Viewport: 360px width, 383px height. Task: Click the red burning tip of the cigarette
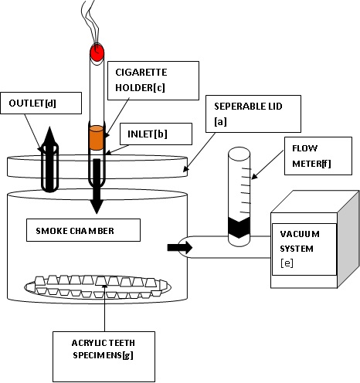[97, 53]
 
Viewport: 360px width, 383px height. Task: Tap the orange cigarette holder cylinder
[97, 137]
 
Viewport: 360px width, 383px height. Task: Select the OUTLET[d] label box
[41, 103]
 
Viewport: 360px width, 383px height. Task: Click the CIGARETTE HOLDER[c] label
[153, 80]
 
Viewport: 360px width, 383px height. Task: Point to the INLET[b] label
[156, 134]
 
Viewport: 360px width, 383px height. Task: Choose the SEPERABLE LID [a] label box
[253, 114]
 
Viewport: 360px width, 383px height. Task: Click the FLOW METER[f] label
[318, 156]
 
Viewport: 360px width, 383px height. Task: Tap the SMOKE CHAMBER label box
[83, 230]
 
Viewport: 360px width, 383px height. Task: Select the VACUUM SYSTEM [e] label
[304, 249]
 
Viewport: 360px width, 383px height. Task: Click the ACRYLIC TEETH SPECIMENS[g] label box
[104, 357]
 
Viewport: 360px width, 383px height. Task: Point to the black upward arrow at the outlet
[49, 159]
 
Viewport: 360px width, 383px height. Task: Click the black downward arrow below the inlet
[97, 186]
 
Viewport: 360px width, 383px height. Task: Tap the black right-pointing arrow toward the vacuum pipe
[180, 248]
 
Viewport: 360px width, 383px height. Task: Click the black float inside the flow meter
[239, 228]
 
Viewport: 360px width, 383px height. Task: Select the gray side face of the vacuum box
[348, 239]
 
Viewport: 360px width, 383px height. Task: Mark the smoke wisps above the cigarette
[90, 23]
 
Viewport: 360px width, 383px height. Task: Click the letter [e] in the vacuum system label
[287, 263]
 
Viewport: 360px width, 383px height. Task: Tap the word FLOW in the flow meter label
[304, 148]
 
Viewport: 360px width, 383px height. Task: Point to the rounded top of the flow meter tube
[239, 151]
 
